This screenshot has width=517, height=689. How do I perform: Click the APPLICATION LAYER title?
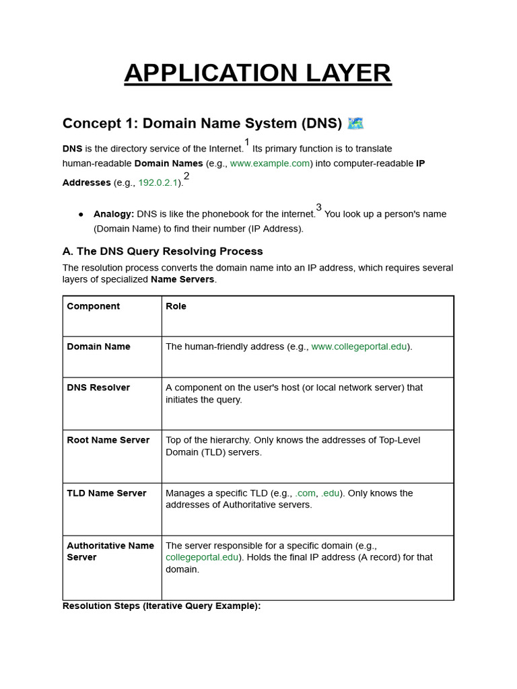tap(258, 73)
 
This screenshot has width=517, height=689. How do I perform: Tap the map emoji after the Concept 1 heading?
tap(355, 123)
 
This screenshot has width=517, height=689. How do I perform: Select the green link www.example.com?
tap(270, 164)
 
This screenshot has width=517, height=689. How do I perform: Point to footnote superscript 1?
tap(247, 142)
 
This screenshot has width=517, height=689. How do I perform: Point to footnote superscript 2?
tap(186, 176)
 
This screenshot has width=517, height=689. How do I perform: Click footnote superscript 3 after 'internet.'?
tap(319, 207)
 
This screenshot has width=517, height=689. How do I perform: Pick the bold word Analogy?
tap(114, 214)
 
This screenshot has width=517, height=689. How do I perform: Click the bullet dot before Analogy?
tap(81, 214)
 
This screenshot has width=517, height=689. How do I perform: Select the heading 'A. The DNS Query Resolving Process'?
tap(162, 251)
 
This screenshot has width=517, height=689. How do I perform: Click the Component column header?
tap(94, 306)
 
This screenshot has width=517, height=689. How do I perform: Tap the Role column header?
tap(176, 306)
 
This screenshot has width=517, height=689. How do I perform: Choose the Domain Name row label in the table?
tap(98, 347)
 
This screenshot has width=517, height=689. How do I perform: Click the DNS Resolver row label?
tap(98, 388)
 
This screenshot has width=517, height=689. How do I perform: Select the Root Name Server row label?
tap(108, 440)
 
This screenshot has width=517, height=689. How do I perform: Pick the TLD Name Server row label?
tap(106, 493)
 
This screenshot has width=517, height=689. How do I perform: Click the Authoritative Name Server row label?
tap(110, 551)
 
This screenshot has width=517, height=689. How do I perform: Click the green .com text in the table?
tap(305, 493)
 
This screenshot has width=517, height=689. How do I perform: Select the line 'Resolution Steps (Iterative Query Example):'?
tap(162, 606)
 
